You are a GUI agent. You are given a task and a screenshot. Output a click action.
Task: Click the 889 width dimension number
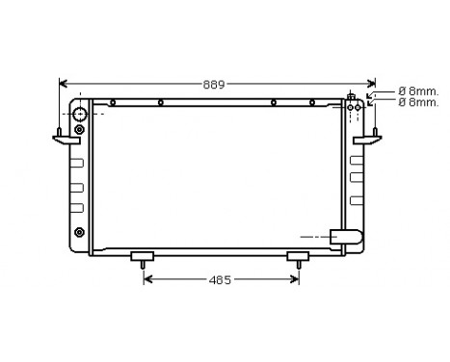coord(214,85)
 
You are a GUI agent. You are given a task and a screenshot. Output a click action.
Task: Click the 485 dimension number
coord(221,280)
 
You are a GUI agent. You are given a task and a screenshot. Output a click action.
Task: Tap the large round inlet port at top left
coord(78,116)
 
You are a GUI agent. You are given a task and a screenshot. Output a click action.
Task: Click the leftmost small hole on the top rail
coord(113,102)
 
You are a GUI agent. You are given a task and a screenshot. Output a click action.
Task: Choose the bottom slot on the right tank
coord(356,200)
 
